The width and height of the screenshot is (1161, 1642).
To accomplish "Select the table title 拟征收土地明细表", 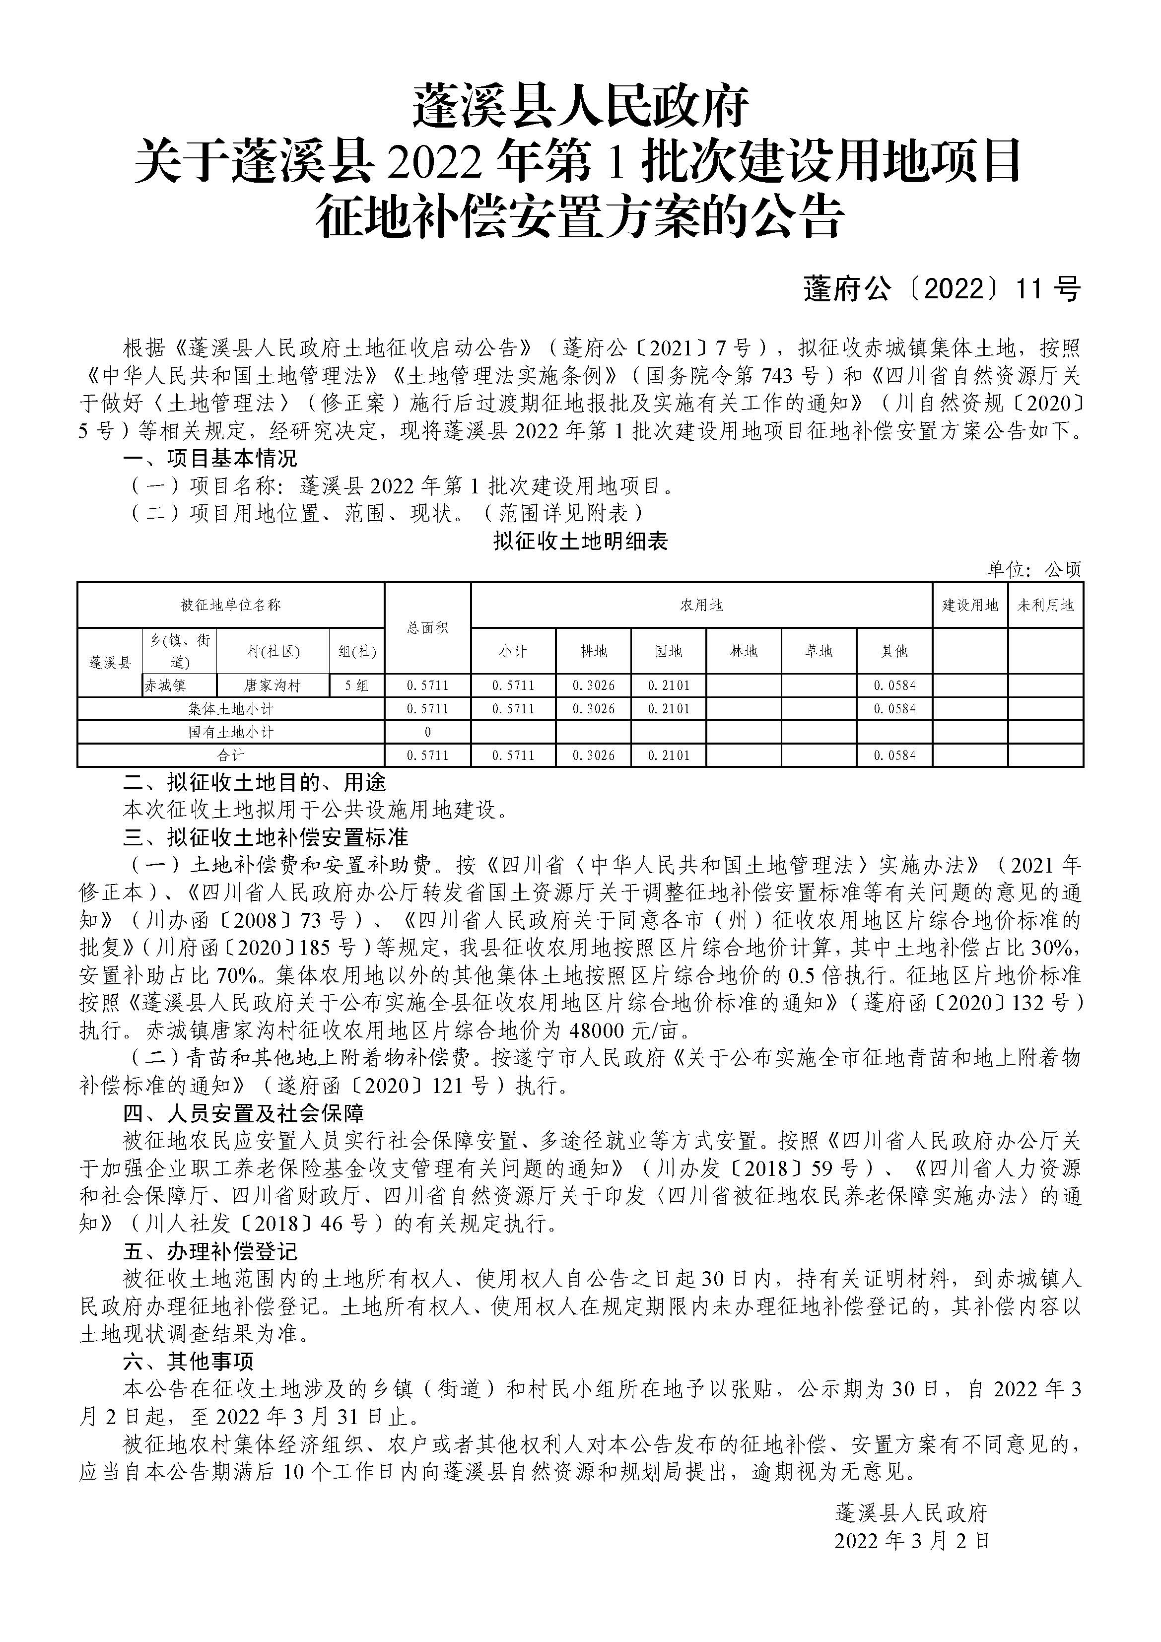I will pos(580,542).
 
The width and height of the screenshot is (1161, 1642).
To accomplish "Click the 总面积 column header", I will pos(427,628).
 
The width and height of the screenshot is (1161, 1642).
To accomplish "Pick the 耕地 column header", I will pos(594,652).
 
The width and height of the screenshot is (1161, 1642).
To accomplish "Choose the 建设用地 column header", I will pos(969,606).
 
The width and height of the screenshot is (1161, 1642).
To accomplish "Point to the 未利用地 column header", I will pos(1045,606).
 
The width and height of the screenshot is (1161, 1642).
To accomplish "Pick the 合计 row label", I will pos(230,755).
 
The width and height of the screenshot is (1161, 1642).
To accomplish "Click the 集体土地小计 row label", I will pos(230,709).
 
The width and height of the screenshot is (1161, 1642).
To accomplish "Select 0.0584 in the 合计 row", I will pos(894,755).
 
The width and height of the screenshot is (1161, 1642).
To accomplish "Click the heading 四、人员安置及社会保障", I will pos(243,1113).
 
